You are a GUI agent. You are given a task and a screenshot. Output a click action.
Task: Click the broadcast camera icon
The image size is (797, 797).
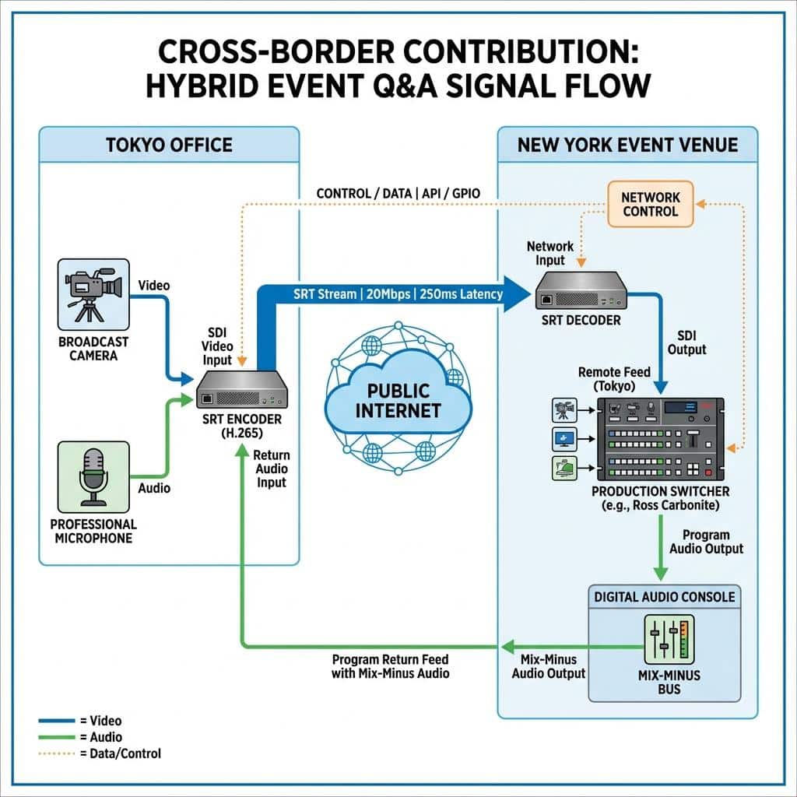pos(93,294)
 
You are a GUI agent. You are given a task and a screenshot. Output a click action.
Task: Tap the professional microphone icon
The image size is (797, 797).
pos(93,477)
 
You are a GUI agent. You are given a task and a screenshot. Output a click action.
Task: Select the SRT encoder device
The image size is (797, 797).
pos(242,389)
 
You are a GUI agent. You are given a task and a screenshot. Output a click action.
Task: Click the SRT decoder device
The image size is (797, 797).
pos(581,291)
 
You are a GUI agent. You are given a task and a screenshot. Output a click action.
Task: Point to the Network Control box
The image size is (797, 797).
pos(651,204)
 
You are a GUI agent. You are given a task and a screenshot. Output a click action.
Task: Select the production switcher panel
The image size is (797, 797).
pos(660,439)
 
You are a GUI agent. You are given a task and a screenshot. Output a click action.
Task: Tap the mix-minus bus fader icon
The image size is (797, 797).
pos(669,640)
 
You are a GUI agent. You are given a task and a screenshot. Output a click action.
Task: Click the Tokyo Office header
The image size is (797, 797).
pos(169,145)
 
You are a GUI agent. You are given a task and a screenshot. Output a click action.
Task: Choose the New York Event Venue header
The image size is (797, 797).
pos(628,145)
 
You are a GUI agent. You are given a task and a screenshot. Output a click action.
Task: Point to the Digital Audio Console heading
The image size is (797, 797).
pos(665,597)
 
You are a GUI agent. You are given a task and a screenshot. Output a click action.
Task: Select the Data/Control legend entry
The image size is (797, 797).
pos(100,753)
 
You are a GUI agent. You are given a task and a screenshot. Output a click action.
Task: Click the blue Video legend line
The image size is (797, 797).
pos(56,721)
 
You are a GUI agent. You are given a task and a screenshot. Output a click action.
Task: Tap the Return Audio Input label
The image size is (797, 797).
pos(272,469)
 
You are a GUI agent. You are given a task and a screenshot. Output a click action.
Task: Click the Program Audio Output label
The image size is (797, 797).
pos(706,542)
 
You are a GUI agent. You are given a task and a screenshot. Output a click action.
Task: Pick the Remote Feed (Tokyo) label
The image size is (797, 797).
pos(614,379)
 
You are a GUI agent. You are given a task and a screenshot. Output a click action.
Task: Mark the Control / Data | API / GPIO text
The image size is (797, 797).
pos(398,194)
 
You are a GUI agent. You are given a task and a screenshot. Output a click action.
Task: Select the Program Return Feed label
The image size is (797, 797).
pos(391,666)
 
